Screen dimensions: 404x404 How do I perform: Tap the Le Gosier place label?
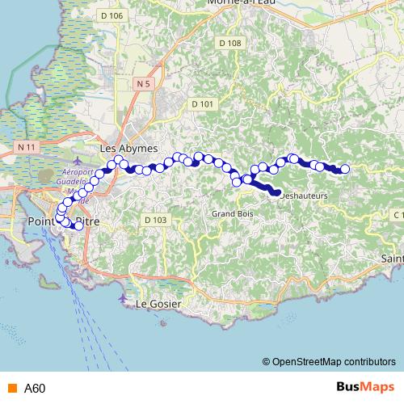(x=157, y=304)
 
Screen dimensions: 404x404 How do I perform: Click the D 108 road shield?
(x=229, y=43)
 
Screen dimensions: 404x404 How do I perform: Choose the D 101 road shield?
(x=202, y=103)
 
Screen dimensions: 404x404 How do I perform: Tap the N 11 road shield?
(x=27, y=147)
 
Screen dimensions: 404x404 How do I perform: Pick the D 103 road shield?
(x=155, y=219)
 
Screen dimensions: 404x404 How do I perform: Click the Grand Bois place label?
(x=228, y=214)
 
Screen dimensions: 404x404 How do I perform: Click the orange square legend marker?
(x=11, y=388)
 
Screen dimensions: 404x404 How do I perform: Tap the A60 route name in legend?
(x=35, y=388)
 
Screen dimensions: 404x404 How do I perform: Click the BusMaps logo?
(x=365, y=387)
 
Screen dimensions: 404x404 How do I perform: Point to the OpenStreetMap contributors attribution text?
(x=333, y=361)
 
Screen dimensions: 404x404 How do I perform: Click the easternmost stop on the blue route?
(x=345, y=169)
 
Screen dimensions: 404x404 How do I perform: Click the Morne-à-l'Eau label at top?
(x=240, y=3)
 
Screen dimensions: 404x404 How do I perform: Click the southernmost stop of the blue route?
(x=78, y=226)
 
